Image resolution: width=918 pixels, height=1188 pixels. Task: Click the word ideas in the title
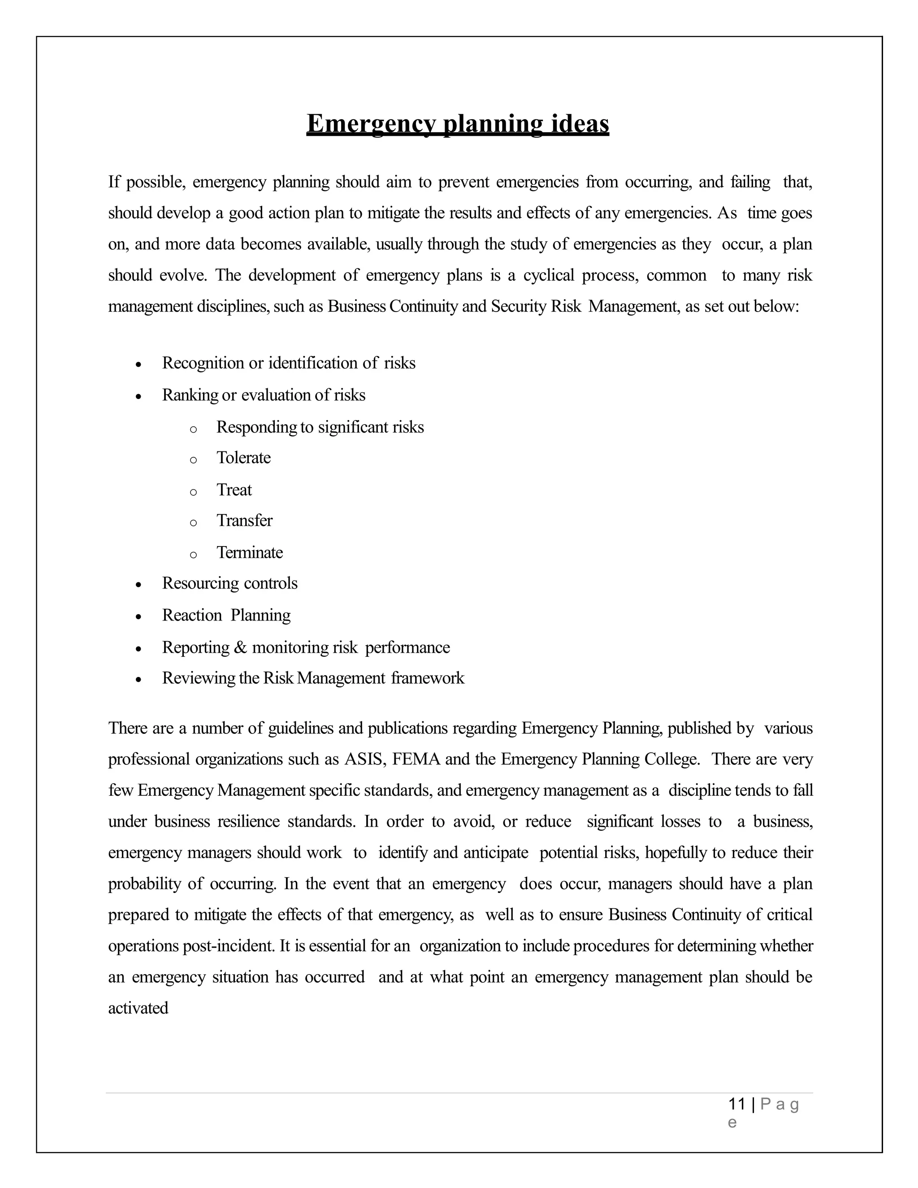[x=580, y=124]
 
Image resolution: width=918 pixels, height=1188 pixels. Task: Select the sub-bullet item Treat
[x=234, y=490]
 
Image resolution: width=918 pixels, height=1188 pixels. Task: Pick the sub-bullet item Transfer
[x=244, y=520]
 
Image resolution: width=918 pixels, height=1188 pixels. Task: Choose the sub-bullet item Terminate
[x=250, y=553]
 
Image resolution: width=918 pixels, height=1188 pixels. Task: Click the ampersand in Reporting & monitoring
[x=240, y=648]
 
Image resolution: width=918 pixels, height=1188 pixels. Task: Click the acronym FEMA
[x=416, y=759]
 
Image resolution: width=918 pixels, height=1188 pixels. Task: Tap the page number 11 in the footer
[x=736, y=1104]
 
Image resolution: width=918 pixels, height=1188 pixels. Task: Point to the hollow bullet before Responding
[x=193, y=429]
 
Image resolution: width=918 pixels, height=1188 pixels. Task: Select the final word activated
[x=138, y=1008]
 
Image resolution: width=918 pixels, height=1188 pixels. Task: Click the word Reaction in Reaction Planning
[x=192, y=616]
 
